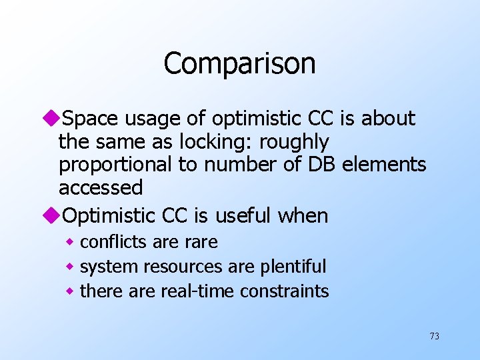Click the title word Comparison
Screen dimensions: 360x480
pos(239,64)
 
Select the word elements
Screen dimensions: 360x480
pos(384,165)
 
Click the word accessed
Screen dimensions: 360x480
pos(101,188)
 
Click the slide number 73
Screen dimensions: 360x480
pos(434,336)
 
